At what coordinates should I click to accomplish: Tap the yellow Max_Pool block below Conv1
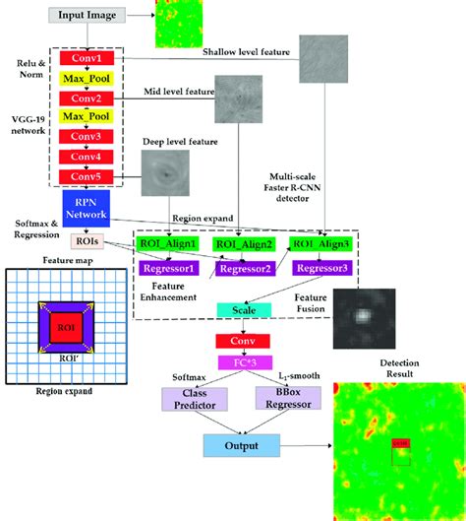(x=92, y=78)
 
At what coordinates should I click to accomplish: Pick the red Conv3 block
(x=92, y=137)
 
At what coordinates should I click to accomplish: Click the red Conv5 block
(x=92, y=176)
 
